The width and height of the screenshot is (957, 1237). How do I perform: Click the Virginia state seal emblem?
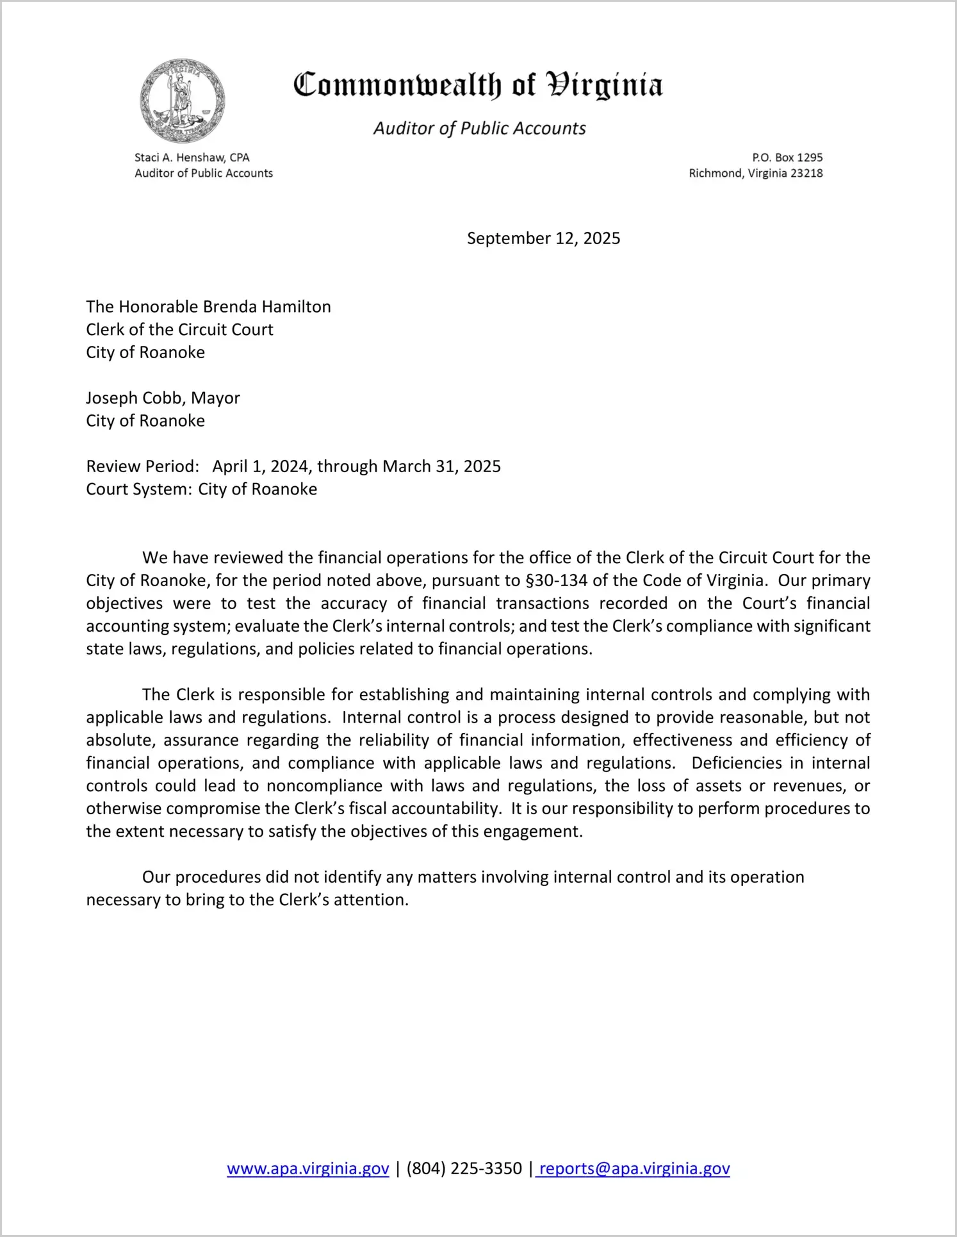pos(183,101)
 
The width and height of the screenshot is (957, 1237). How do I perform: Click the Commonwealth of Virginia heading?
pos(478,85)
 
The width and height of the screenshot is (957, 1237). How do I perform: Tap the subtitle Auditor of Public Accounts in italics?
pos(479,129)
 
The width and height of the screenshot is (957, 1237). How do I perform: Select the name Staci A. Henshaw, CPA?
pos(192,158)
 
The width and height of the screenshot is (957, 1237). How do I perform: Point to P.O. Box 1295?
pos(787,158)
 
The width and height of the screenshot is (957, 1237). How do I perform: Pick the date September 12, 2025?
pos(543,238)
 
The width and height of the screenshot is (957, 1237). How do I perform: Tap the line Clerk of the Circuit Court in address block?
pos(179,330)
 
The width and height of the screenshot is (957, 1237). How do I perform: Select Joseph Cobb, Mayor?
pos(163,398)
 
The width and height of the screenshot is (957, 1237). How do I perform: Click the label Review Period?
pos(142,466)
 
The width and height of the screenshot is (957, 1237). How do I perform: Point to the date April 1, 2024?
pos(262,466)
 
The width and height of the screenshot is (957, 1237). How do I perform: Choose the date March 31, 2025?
pos(441,466)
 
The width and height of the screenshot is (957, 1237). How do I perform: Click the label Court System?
pos(138,489)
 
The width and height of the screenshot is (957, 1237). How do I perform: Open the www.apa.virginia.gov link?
pos(308,1169)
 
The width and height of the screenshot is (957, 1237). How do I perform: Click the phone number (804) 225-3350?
pos(464,1169)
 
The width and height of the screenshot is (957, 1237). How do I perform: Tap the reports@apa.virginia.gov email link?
pos(634,1169)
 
